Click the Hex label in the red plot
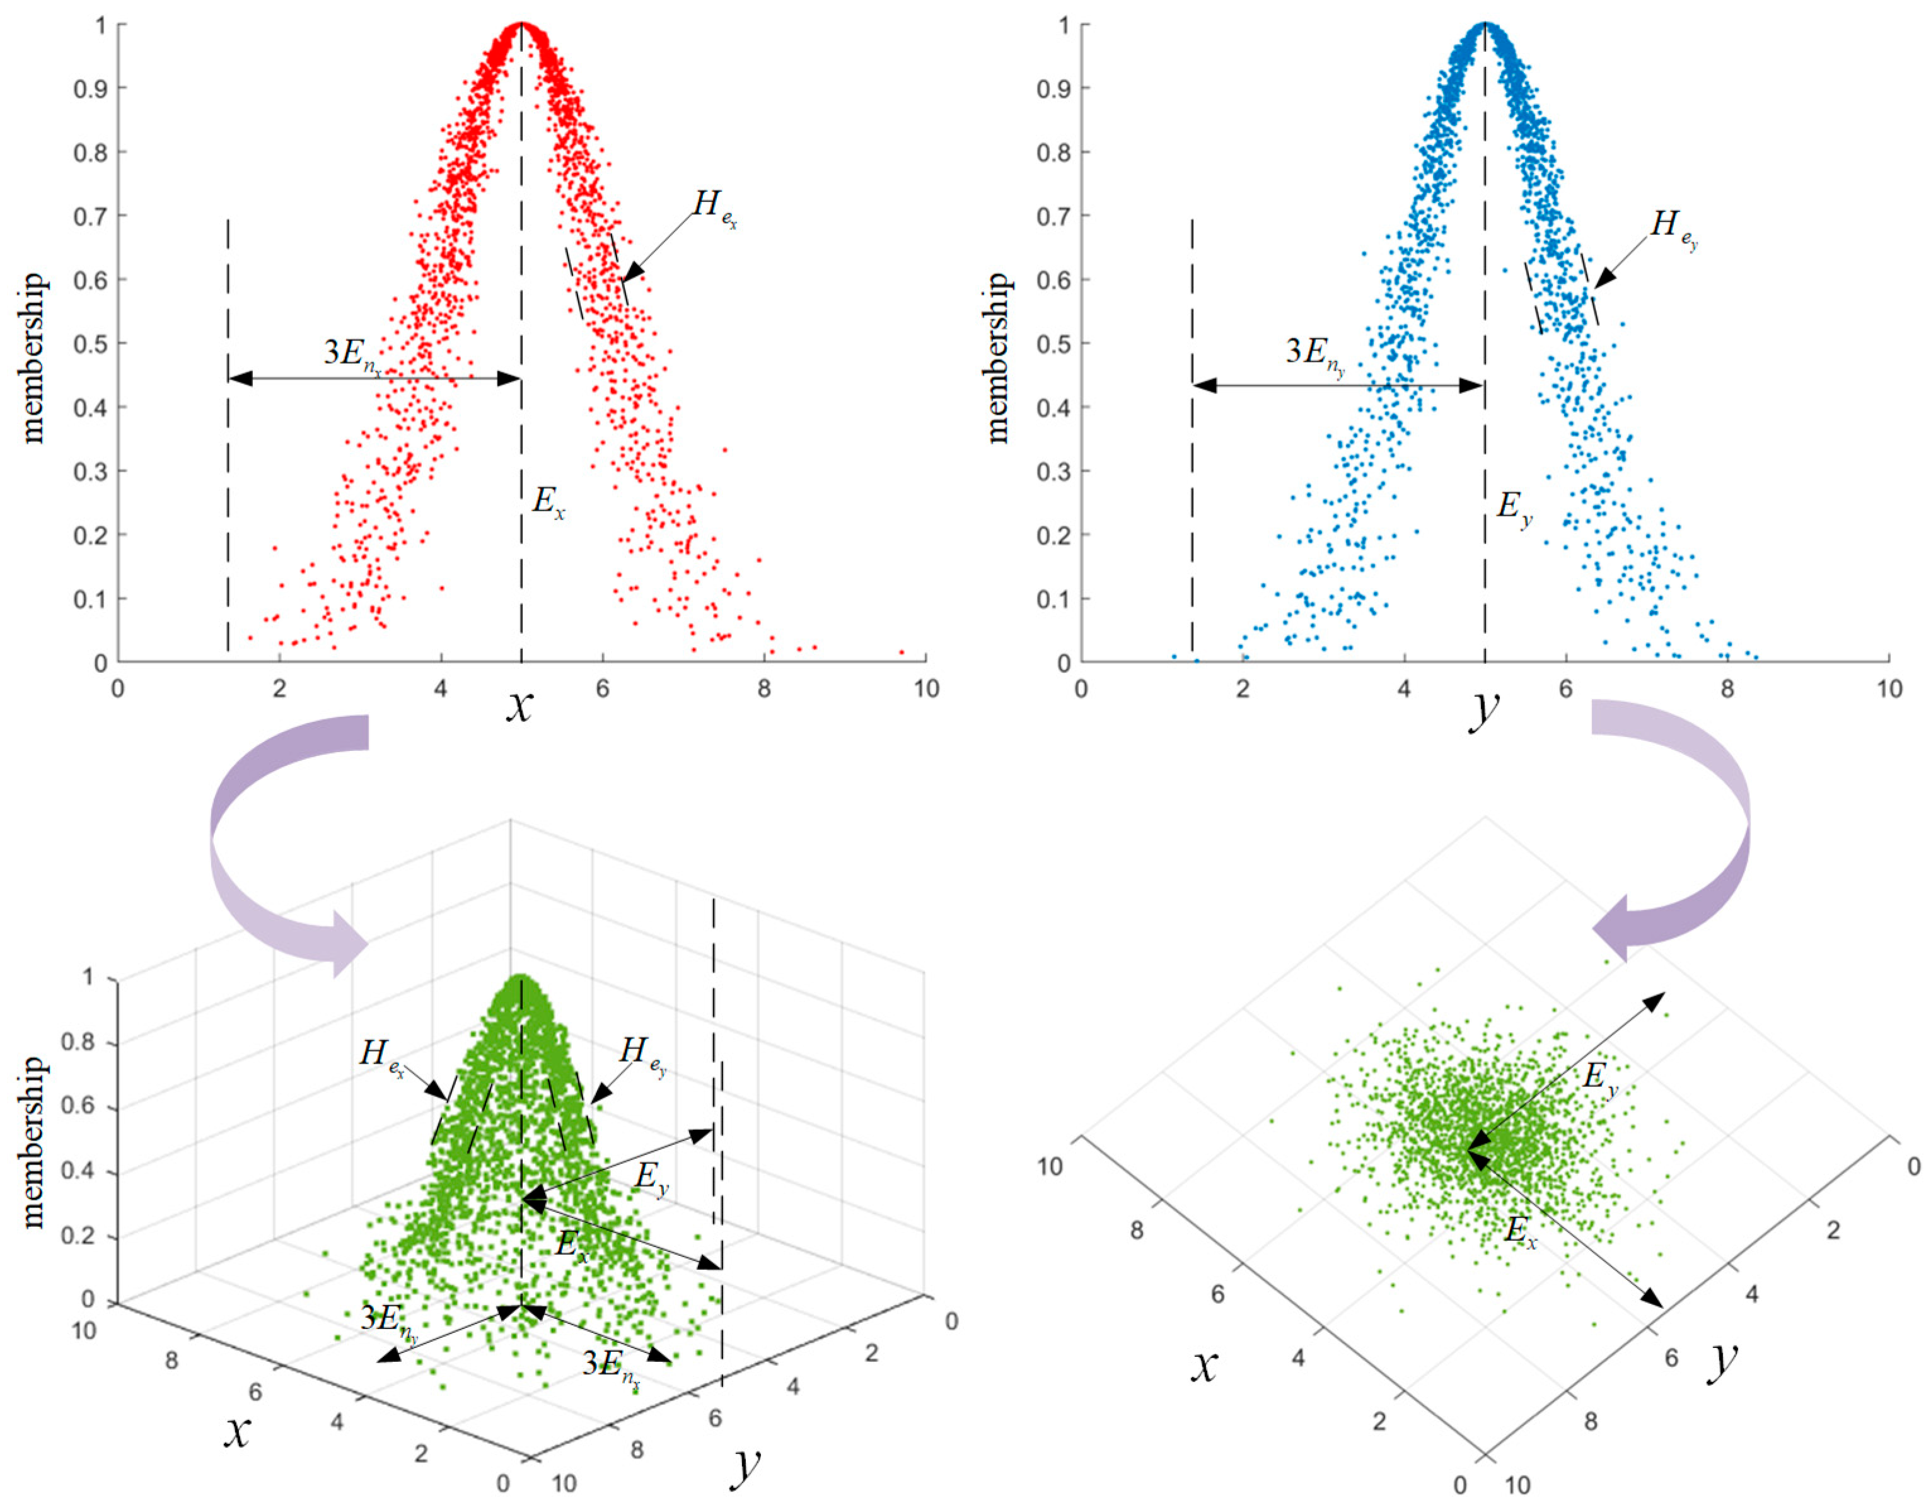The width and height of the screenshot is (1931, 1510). click(714, 209)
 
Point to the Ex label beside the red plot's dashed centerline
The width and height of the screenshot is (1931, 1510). click(548, 503)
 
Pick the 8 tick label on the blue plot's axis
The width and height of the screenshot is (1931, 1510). click(1727, 688)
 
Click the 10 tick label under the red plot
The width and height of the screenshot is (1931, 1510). click(925, 688)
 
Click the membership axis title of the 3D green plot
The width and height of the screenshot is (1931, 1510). click(33, 1141)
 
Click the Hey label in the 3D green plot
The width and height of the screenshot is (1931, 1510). click(642, 1054)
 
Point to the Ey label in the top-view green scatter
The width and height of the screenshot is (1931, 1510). click(1599, 1079)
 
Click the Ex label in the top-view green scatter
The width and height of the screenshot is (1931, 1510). click(1520, 1231)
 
